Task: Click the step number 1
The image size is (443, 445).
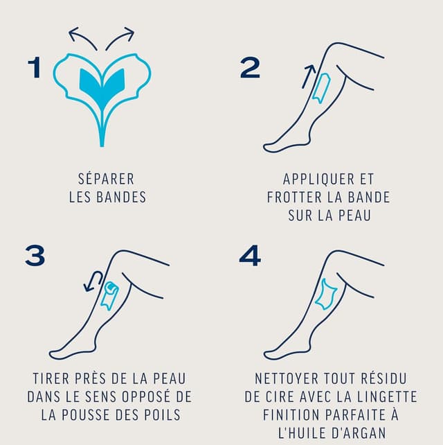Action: pos(35,68)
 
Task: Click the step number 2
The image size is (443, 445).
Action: pos(250,68)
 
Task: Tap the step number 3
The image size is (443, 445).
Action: pos(34,255)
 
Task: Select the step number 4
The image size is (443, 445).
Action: pos(250,255)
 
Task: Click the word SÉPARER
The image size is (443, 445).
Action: pos(107,179)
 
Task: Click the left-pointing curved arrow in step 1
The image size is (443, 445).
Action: pos(83,37)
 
